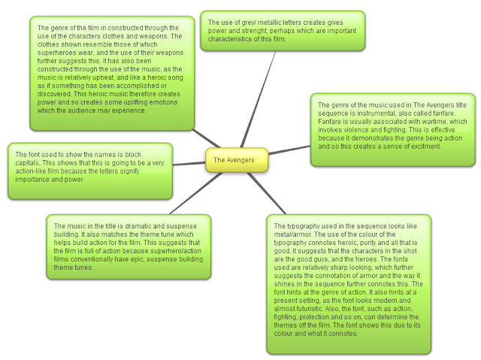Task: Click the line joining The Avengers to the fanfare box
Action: tap(289, 150)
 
